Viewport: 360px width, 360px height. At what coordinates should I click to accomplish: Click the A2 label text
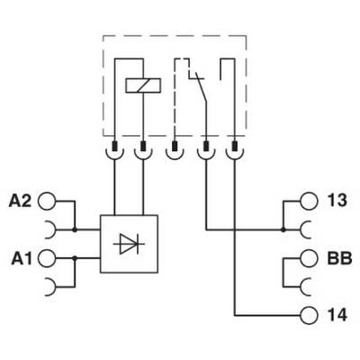[20, 201]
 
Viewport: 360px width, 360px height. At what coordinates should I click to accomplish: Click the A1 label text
[22, 258]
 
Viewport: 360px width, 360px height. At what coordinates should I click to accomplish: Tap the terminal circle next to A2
[47, 201]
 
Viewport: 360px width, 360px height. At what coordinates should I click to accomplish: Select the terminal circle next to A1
[47, 258]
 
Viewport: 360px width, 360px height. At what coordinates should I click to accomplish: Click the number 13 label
[337, 200]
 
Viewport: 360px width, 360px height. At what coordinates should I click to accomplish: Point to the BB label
[339, 258]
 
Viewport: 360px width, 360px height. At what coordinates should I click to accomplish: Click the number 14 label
[337, 315]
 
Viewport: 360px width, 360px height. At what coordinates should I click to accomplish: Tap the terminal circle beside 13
[309, 201]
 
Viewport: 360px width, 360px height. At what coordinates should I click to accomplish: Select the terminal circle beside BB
[309, 258]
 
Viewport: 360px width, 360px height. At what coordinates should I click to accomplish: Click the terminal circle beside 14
[309, 315]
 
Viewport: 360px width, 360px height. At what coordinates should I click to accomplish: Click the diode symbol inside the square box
[129, 244]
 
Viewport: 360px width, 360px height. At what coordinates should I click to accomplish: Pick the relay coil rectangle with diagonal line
[143, 85]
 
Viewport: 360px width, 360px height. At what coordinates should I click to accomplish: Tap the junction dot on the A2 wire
[75, 229]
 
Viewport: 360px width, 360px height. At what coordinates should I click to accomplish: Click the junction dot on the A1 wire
[75, 258]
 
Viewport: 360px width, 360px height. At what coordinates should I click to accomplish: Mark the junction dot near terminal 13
[283, 230]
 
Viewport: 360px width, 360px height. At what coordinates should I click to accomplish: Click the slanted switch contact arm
[202, 89]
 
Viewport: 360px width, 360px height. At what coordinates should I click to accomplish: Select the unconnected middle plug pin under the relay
[174, 146]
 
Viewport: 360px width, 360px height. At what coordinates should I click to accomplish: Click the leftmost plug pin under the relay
[114, 146]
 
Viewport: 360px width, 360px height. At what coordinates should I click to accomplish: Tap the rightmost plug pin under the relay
[235, 146]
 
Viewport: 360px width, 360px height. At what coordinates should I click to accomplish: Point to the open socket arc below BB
[302, 287]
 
